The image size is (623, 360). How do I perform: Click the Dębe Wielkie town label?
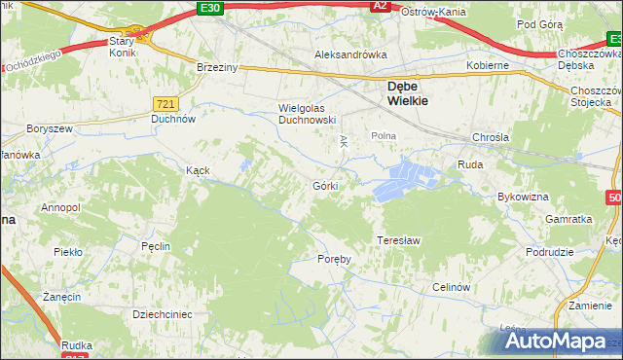404,90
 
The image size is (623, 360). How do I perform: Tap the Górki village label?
325,185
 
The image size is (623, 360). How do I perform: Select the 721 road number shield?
165,102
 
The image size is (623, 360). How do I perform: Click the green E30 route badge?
207,7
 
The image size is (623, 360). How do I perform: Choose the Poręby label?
334,259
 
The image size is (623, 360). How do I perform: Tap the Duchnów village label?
173,121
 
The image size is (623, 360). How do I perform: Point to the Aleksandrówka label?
349,55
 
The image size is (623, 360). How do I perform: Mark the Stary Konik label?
123,48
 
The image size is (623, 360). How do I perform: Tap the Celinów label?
452,287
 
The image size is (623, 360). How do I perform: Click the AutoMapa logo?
556,342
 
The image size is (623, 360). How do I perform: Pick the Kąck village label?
199,169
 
